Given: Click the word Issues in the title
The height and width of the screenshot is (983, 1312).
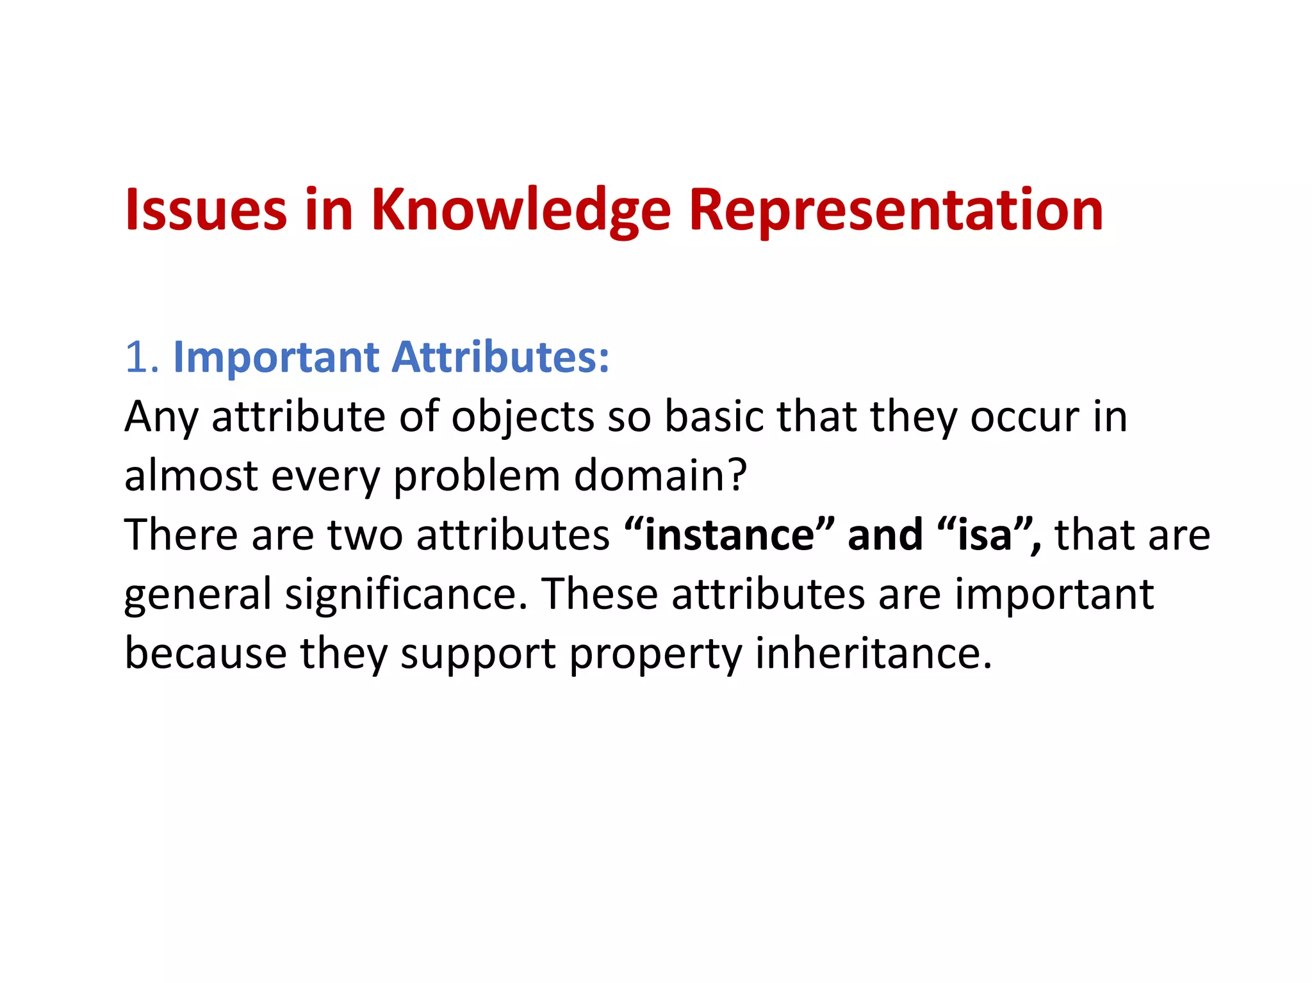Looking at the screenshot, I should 206,210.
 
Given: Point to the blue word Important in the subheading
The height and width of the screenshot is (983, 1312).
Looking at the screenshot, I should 277,357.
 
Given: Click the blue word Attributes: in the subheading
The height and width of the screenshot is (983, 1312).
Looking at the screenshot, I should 500,357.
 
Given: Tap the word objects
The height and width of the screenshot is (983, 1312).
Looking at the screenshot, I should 523,418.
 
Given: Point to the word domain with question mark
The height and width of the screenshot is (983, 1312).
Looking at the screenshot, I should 660,476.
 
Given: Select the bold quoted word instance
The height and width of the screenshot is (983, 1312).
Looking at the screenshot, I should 730,535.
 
